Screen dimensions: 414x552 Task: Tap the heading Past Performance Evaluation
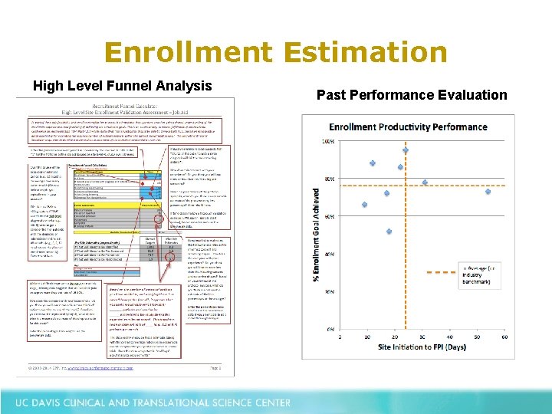coord(412,95)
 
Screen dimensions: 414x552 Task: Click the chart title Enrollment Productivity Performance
coord(408,127)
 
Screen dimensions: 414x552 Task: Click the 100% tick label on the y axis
coord(327,142)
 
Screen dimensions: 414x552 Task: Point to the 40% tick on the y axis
coord(328,254)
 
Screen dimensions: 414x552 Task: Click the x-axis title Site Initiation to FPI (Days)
coord(422,348)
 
